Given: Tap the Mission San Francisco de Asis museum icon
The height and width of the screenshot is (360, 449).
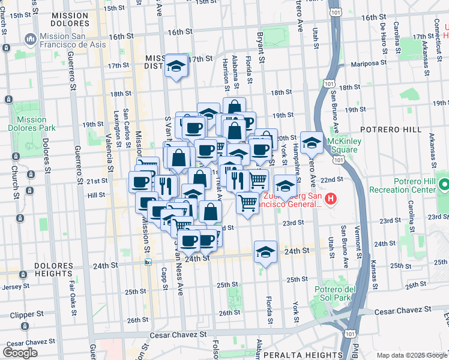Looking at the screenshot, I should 30,40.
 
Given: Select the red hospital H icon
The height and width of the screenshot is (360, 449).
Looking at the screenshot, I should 330,198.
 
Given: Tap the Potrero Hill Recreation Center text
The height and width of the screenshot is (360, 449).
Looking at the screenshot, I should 414,185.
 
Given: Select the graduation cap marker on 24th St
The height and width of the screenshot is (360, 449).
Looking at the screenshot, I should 265,251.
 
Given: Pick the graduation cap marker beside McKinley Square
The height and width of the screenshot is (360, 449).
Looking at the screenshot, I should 311,142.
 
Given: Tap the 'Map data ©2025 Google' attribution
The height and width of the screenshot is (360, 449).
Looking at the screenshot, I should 411,355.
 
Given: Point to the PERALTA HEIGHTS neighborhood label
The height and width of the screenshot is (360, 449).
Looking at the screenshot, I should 298,355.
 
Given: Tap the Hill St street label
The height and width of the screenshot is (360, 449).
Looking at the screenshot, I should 96,196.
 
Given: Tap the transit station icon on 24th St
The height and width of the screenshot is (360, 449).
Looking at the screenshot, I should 148,262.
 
